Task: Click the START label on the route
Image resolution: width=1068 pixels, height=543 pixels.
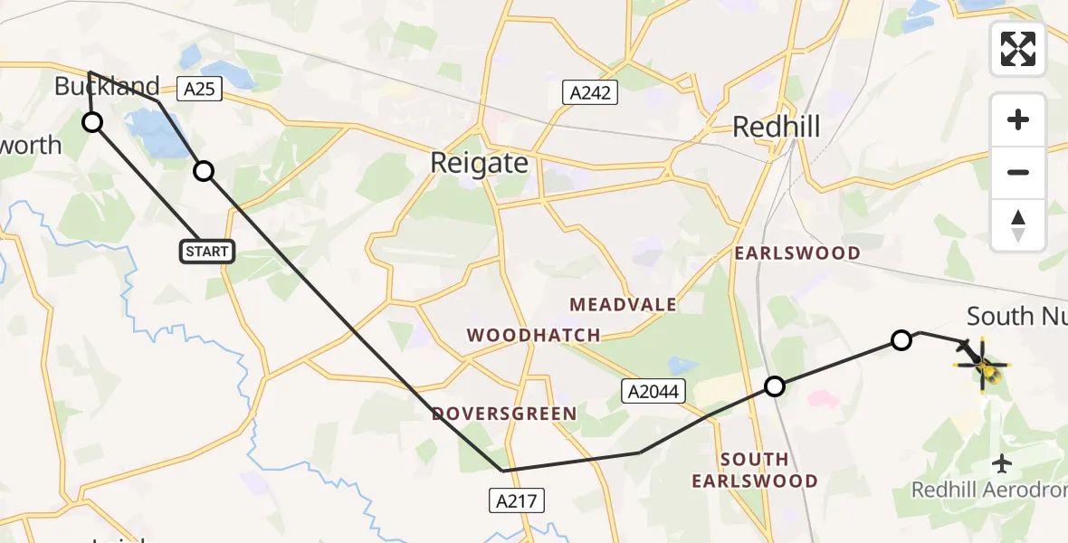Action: click(207, 251)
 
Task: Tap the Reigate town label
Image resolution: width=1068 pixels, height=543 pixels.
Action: click(479, 163)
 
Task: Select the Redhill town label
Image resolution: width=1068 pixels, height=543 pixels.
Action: click(776, 127)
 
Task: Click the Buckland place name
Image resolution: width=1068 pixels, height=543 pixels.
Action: click(107, 87)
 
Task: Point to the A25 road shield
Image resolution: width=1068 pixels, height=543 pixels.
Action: click(201, 89)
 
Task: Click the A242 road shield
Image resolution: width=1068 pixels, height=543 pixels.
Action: click(589, 92)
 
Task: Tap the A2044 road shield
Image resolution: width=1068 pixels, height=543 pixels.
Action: click(653, 391)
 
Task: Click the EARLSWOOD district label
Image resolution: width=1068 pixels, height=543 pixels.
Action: click(796, 253)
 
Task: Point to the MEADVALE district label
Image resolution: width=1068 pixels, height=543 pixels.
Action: click(623, 304)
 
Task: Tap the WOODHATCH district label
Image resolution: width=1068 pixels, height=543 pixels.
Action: click(533, 336)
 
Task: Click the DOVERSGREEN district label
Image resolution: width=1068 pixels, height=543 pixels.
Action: click(504, 414)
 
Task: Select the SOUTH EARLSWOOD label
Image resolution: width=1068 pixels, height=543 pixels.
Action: click(755, 470)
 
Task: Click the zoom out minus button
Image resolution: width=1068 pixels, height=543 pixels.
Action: click(1018, 172)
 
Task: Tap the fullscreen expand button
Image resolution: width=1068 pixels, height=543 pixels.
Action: click(1018, 49)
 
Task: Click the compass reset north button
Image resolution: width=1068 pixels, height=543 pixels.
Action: click(1018, 224)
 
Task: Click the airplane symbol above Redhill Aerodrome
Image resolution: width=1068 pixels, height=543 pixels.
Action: click(1002, 464)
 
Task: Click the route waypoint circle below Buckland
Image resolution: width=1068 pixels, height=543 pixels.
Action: click(92, 122)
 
